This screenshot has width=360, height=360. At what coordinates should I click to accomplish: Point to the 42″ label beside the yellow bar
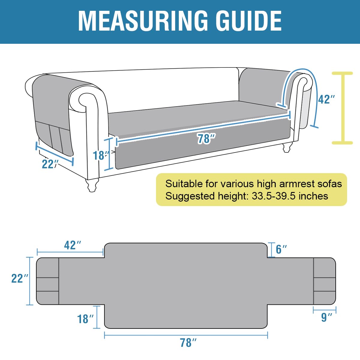(326, 99)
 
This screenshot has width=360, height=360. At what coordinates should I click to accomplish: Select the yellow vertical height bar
(342, 108)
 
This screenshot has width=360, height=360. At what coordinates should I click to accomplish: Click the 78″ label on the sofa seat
(206, 139)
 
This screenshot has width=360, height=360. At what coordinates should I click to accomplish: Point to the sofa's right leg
(287, 148)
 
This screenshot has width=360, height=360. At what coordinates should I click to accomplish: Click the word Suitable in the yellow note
(184, 184)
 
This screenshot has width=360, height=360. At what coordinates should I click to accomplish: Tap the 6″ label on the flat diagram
(281, 249)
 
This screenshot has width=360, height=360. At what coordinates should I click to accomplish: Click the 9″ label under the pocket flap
(327, 317)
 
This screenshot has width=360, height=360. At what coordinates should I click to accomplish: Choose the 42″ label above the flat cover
(73, 245)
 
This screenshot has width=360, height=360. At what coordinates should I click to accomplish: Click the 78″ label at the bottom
(188, 343)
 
